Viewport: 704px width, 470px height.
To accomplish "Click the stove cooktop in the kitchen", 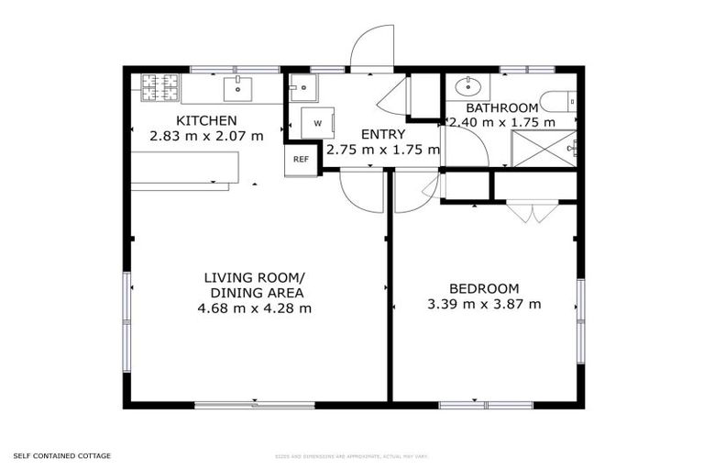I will point(159,88).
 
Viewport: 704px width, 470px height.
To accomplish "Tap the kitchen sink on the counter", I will point(237,89).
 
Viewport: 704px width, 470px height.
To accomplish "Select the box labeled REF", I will point(300,160).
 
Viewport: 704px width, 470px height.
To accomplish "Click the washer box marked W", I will point(317,123).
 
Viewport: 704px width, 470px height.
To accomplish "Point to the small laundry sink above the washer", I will point(302,88).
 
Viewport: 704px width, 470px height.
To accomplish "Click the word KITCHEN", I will point(206,120).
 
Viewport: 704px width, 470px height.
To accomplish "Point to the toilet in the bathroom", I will point(557,100).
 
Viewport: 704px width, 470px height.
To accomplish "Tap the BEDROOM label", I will point(483,287).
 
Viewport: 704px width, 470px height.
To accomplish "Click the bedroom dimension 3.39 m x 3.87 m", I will point(483,304).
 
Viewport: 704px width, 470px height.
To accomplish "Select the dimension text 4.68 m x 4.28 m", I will point(254,308).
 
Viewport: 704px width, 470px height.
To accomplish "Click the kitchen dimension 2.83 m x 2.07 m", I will point(206,136).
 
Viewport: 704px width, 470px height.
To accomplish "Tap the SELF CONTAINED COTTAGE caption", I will point(62,455).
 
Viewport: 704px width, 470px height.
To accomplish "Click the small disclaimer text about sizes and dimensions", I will point(352,456).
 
